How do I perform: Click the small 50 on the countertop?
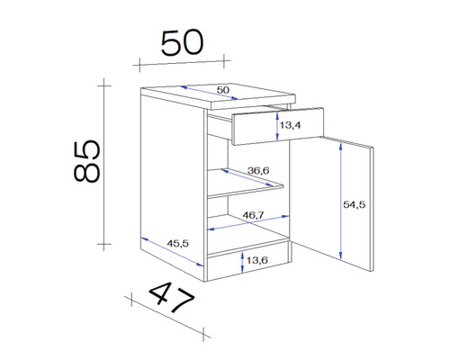(222, 90)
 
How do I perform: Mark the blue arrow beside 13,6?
(245, 262)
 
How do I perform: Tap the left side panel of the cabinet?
(171, 180)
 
